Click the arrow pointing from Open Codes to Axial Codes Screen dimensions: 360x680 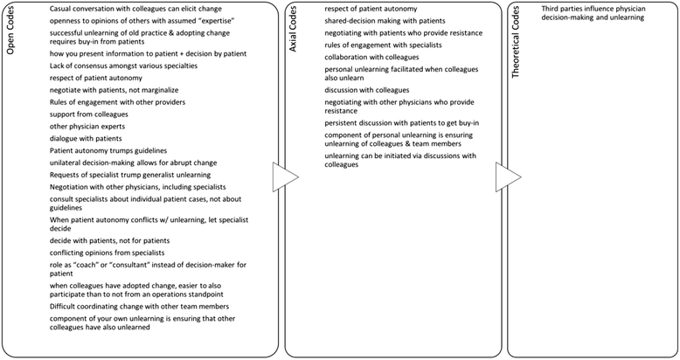point(285,177)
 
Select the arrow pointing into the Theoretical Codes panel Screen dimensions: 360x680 point(507,177)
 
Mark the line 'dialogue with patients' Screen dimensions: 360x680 point(73,139)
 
